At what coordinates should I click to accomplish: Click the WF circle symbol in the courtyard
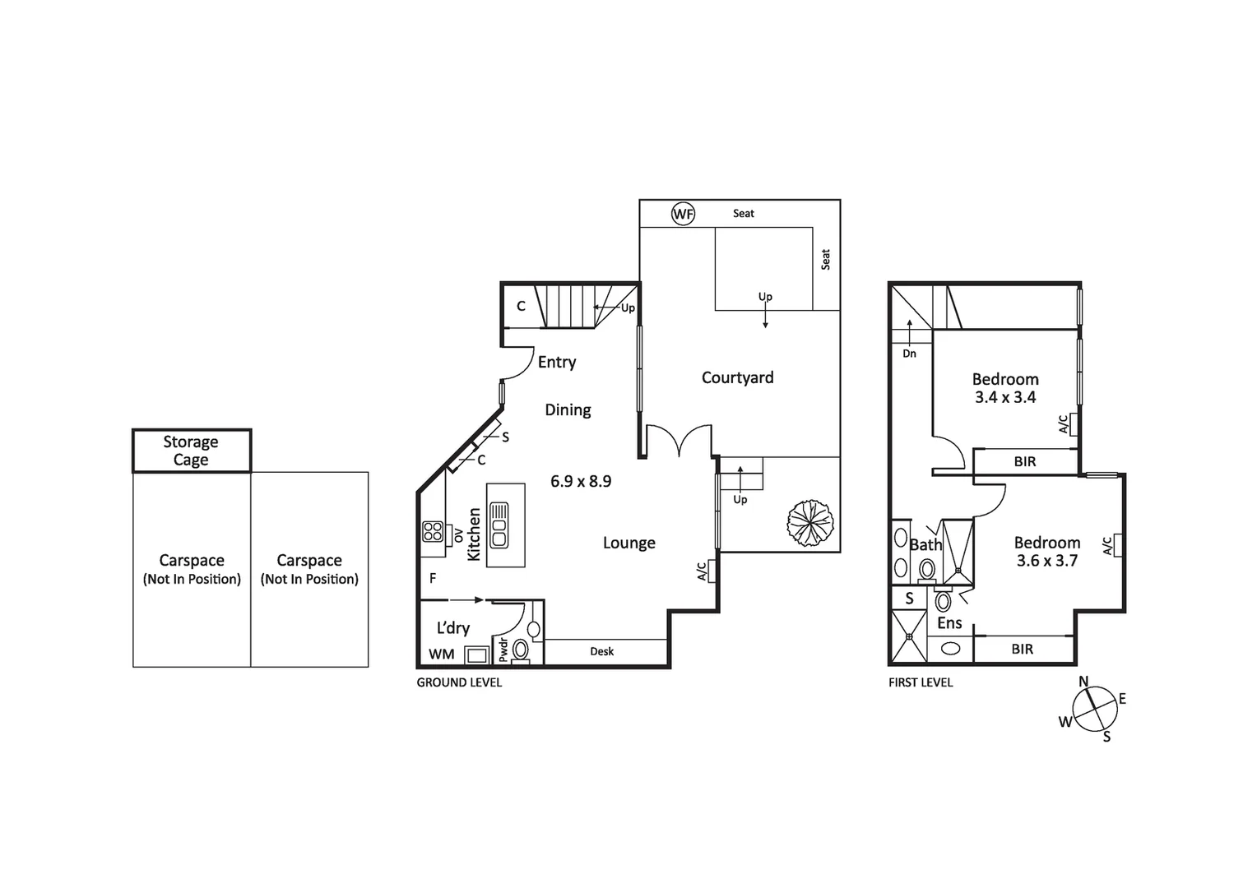pyautogui.click(x=683, y=214)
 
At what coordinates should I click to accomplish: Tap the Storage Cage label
pyautogui.click(x=191, y=451)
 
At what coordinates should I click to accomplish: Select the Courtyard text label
pyautogui.click(x=737, y=377)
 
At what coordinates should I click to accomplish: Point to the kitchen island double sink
pyautogui.click(x=499, y=525)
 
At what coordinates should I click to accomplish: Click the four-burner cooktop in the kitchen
pyautogui.click(x=433, y=532)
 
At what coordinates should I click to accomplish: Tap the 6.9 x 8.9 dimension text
pyautogui.click(x=581, y=481)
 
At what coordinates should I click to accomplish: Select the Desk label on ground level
pyautogui.click(x=601, y=651)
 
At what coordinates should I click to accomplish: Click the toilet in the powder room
pyautogui.click(x=520, y=650)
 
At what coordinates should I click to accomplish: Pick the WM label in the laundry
pyautogui.click(x=442, y=654)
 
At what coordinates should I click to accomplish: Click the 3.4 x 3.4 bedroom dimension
pyautogui.click(x=1005, y=397)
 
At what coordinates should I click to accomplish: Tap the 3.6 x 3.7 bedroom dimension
pyautogui.click(x=1046, y=561)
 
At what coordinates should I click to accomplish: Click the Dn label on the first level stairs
pyautogui.click(x=909, y=354)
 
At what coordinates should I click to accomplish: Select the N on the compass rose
pyautogui.click(x=1083, y=681)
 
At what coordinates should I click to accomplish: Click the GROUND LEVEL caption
pyautogui.click(x=459, y=682)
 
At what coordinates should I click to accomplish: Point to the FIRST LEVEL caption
pyautogui.click(x=921, y=682)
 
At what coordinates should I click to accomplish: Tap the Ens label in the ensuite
pyautogui.click(x=949, y=623)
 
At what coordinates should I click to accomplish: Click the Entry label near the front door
pyautogui.click(x=557, y=362)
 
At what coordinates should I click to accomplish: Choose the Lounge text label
pyautogui.click(x=629, y=543)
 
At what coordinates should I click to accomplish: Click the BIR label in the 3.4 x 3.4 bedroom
pyautogui.click(x=1025, y=461)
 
